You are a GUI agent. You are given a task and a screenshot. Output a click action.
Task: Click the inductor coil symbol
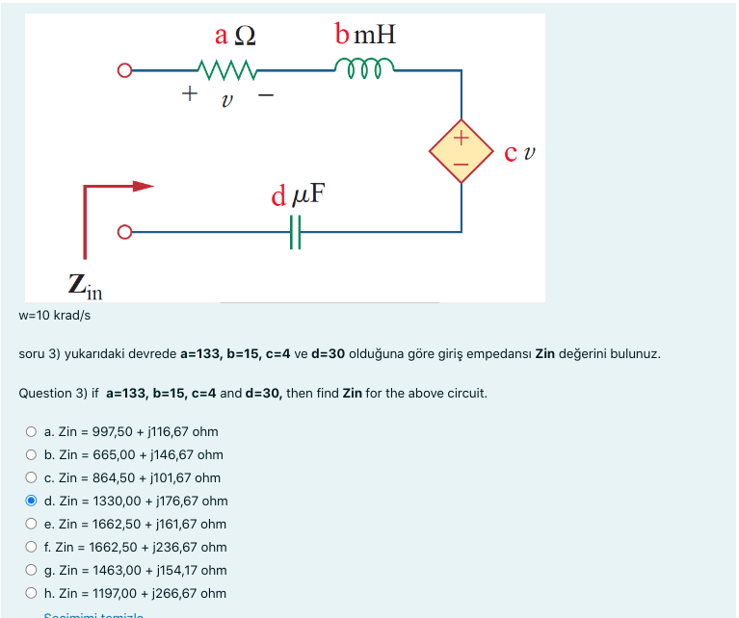(x=364, y=67)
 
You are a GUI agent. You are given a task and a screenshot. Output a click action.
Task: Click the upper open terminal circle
(x=123, y=70)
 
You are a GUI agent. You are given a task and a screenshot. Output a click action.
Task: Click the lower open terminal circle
(x=123, y=232)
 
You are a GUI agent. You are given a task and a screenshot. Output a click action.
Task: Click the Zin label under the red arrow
(x=85, y=286)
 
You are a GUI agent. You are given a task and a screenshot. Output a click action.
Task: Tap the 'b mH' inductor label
(x=365, y=36)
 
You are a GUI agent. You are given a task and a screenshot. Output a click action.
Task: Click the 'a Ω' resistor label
(x=235, y=36)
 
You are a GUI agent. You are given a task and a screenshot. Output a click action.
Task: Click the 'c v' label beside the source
(x=520, y=152)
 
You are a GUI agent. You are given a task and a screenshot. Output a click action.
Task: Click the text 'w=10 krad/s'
(x=55, y=315)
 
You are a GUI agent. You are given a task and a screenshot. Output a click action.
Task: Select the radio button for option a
(x=32, y=431)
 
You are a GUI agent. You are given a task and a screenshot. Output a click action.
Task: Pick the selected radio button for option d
(x=32, y=501)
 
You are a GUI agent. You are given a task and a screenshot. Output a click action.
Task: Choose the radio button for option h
(x=32, y=593)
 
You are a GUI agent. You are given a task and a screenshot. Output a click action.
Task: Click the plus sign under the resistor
(x=190, y=94)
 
